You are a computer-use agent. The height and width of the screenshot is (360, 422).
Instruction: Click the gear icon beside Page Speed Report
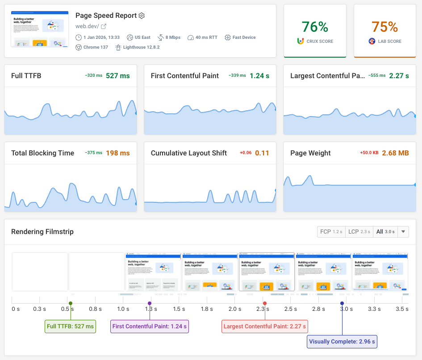142,16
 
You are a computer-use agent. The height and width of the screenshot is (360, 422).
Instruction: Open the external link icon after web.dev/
104,26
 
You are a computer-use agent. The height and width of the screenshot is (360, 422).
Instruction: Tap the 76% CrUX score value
315,27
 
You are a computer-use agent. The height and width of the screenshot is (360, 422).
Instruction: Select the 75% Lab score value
384,27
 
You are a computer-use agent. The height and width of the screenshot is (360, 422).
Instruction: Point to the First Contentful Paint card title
185,75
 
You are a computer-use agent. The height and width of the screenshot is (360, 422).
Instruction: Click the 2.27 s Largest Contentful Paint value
399,75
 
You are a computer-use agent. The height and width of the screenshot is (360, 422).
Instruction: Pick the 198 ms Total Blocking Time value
118,153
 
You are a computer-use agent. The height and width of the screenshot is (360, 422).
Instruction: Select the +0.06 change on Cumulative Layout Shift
246,153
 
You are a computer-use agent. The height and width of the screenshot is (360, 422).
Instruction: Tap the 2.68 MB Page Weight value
396,153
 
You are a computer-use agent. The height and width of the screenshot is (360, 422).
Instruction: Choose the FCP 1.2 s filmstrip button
331,232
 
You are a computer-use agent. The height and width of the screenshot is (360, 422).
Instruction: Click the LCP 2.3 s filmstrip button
359,232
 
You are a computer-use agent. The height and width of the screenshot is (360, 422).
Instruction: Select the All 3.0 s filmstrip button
385,232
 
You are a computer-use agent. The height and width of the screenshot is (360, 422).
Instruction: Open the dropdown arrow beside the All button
403,232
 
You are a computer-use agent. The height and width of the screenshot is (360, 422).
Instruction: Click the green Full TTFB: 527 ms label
71,327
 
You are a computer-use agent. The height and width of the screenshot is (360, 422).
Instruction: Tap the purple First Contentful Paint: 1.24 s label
150,327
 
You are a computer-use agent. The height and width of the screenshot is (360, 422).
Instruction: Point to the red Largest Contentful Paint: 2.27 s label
265,327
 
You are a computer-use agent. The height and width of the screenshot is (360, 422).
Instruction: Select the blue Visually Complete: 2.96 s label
343,342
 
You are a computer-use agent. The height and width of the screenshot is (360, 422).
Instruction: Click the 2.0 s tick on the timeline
235,309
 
